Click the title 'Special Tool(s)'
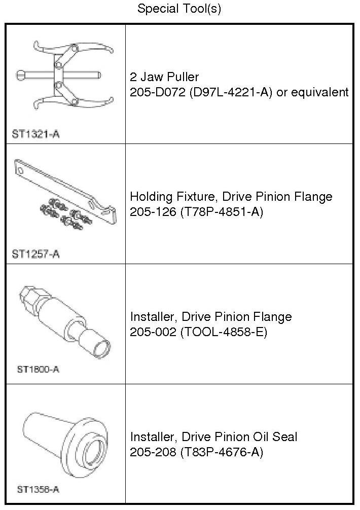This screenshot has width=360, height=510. click(x=179, y=9)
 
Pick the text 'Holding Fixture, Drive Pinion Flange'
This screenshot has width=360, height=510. click(x=231, y=197)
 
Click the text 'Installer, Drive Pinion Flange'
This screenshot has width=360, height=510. click(x=211, y=317)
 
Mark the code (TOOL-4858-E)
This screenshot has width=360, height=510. click(x=224, y=332)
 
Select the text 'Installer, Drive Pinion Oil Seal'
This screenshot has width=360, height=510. click(x=214, y=436)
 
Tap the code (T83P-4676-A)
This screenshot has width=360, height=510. click(x=222, y=452)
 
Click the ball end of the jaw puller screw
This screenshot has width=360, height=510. click(x=20, y=76)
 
